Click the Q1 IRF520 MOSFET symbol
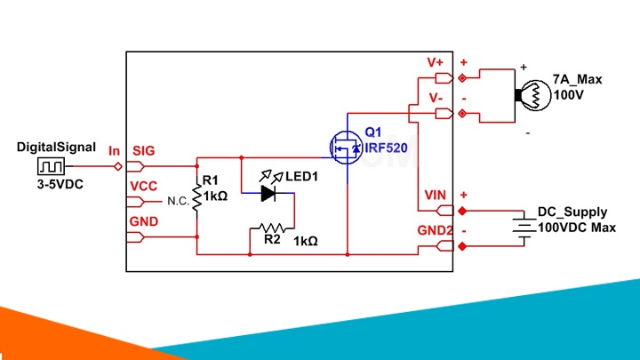pos(346,148)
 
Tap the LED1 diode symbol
pos(268,193)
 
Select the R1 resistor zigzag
pos(197,197)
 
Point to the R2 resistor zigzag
pos(272,228)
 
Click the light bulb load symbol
pos(533,95)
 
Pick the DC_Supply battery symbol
pos(524,228)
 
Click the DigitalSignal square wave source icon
pos(51,166)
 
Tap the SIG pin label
pos(144,151)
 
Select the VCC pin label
pos(144,186)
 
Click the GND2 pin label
pos(435,230)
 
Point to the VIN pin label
pos(435,195)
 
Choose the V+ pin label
pos(435,62)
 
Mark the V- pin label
pos(436,98)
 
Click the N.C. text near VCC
pos(179,201)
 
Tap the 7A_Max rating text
pos(577,79)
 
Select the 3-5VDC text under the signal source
pos(60,185)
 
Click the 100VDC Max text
pos(577,228)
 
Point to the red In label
pos(115,151)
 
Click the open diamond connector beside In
pos(118,166)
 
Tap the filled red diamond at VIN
pos(462,211)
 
